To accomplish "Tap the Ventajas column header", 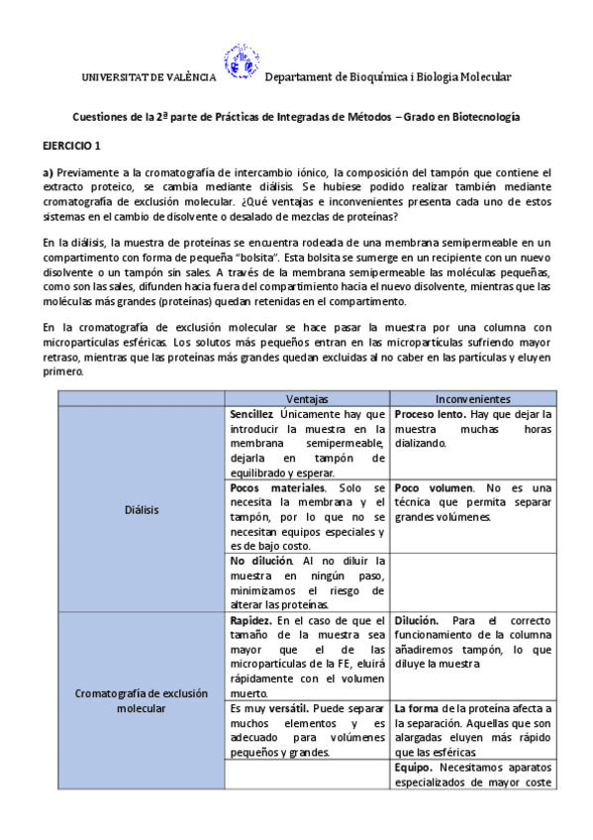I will (307, 397).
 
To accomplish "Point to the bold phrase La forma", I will (416, 708).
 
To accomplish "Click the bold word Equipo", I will (413, 767).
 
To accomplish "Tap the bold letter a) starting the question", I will (48, 171).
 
